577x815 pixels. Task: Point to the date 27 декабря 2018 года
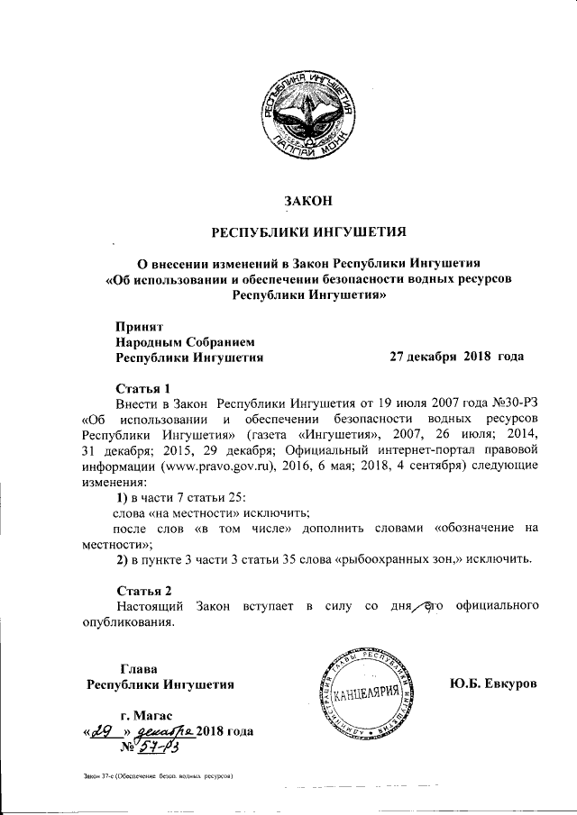click(x=456, y=356)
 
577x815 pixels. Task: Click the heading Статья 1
click(x=142, y=387)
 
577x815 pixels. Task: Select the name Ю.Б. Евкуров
click(x=492, y=684)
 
